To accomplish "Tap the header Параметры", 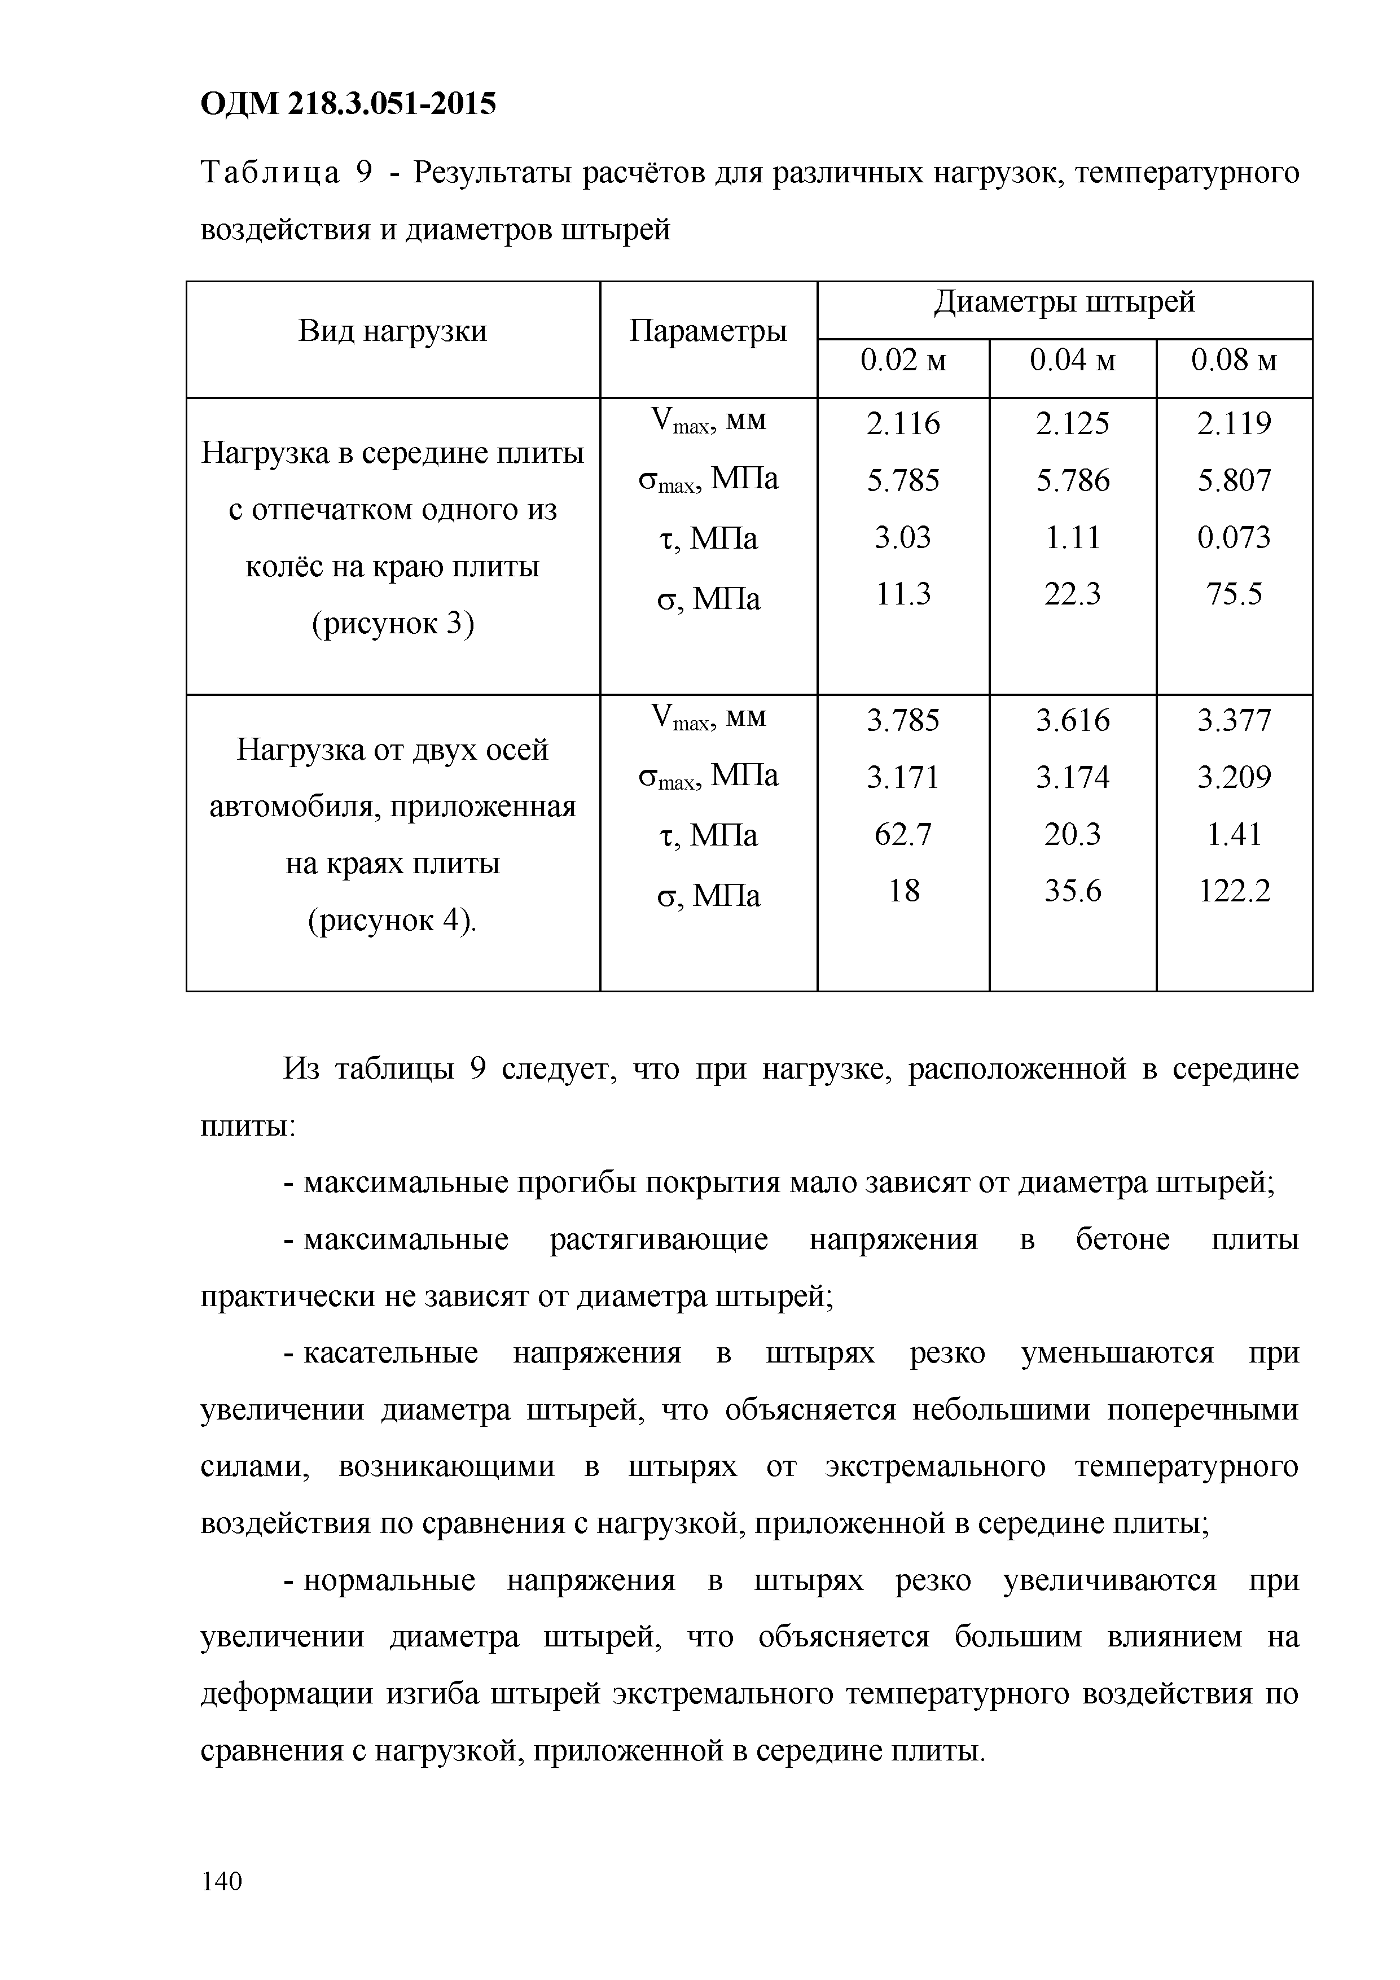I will click(708, 331).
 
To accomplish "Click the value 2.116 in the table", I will click(903, 423).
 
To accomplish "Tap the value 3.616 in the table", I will click(1072, 721).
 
